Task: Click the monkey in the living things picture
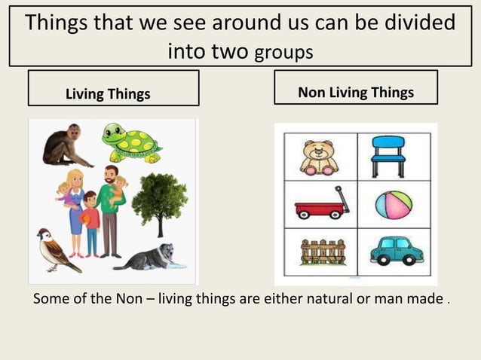point(62,146)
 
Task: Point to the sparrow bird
point(56,251)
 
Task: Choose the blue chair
point(389,155)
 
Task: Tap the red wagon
point(319,204)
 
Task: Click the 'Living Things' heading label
point(108,94)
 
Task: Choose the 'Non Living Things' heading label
point(356,93)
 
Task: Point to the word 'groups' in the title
point(283,53)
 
